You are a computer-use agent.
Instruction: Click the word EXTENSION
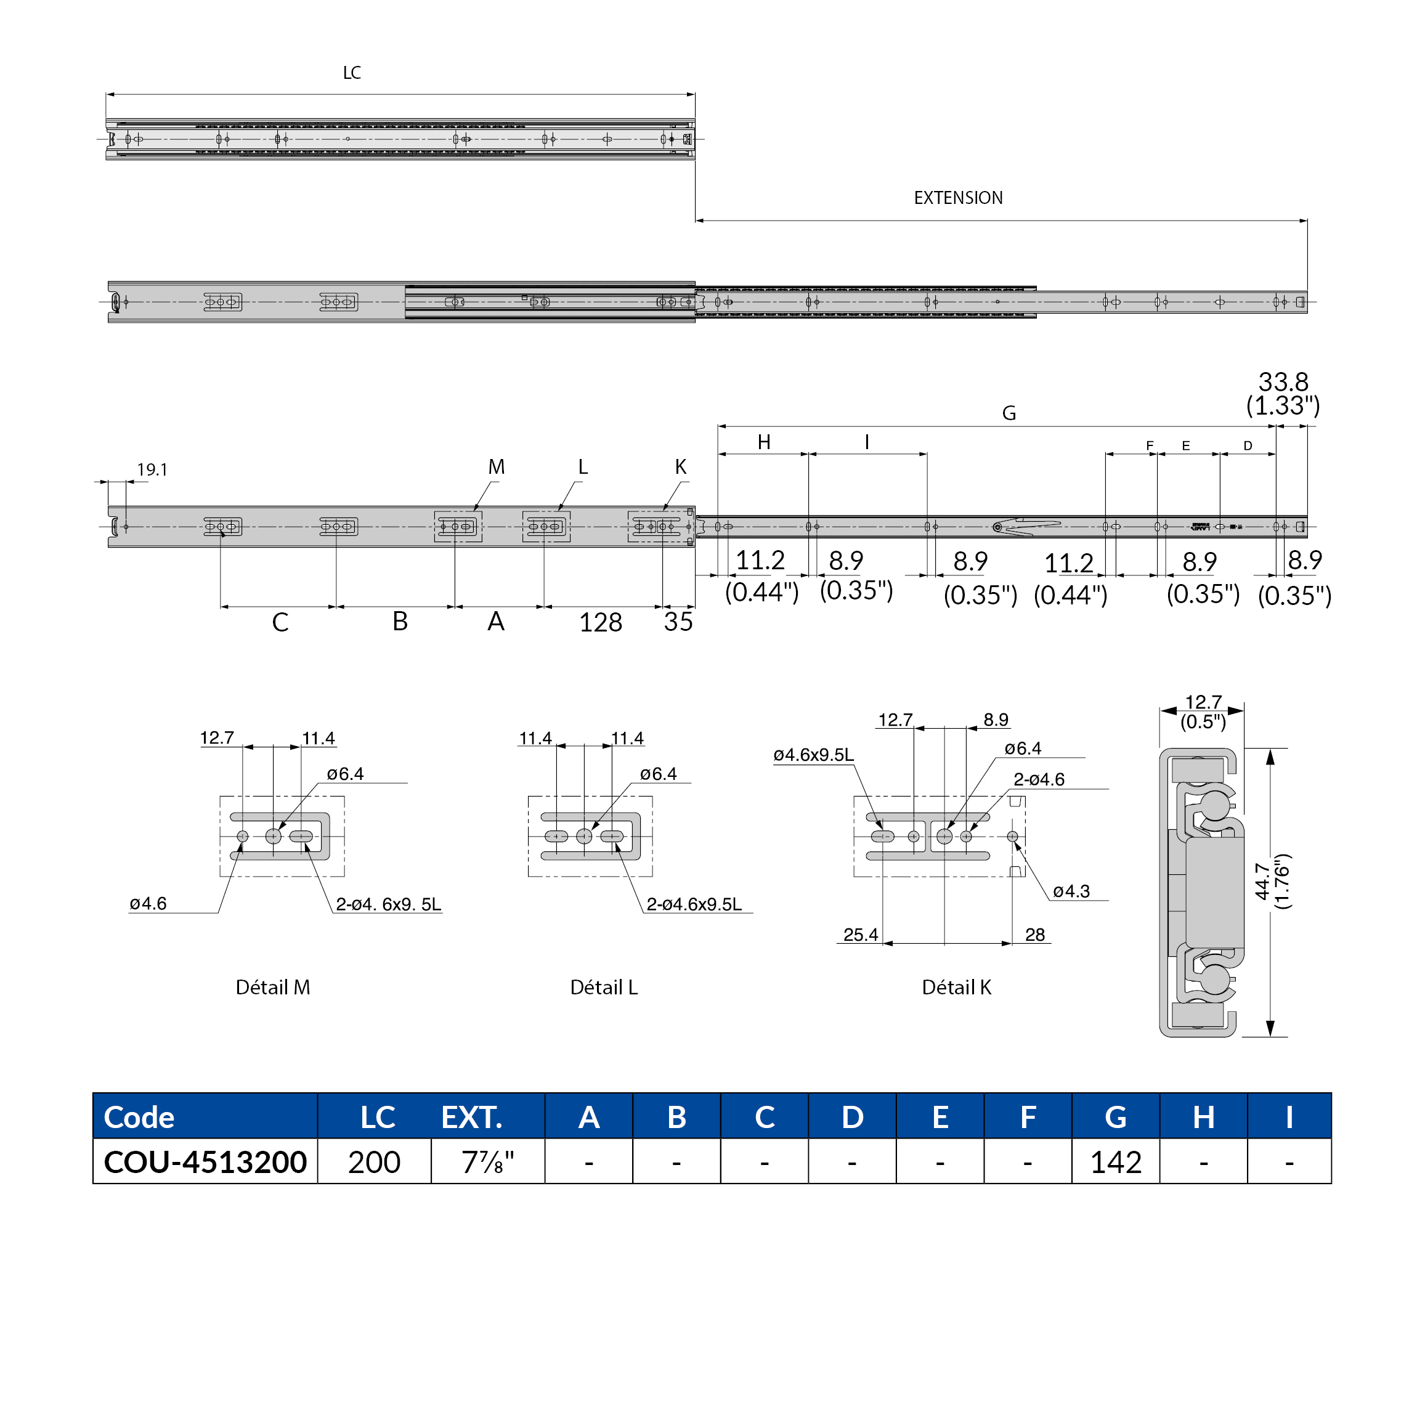pyautogui.click(x=957, y=198)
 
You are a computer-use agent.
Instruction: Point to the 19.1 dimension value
pyautogui.click(x=152, y=470)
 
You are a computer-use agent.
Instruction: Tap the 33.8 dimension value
pyautogui.click(x=1283, y=382)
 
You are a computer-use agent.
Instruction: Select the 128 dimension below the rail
pyautogui.click(x=601, y=622)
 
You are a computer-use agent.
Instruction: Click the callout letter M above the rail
pyautogui.click(x=497, y=467)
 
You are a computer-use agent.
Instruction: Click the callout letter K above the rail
pyautogui.click(x=680, y=467)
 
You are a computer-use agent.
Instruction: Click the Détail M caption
pyautogui.click(x=273, y=987)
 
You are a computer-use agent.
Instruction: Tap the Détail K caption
pyautogui.click(x=956, y=987)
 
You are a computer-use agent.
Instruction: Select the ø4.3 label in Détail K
pyautogui.click(x=1071, y=891)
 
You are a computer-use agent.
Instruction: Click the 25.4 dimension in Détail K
pyautogui.click(x=860, y=935)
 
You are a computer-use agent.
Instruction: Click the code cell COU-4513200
pyautogui.click(x=205, y=1162)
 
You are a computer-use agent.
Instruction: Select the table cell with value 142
pyautogui.click(x=1115, y=1163)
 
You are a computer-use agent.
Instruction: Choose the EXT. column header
pyautogui.click(x=471, y=1118)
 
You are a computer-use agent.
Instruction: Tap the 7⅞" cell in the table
pyautogui.click(x=487, y=1163)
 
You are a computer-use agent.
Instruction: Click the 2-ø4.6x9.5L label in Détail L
pyautogui.click(x=694, y=904)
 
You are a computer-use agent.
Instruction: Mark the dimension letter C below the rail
pyautogui.click(x=280, y=622)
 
